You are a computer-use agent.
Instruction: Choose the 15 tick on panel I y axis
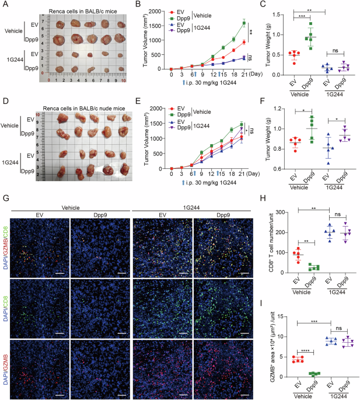[280, 316]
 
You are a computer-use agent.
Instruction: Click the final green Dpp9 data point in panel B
[244, 23]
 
